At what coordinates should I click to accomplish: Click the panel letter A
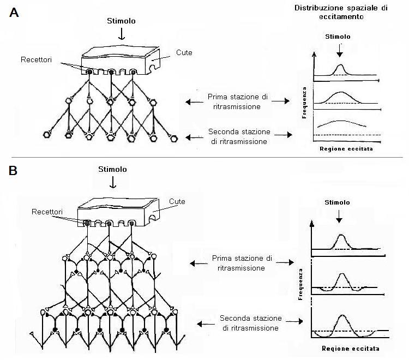pos(14,12)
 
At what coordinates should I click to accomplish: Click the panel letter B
pos(13,171)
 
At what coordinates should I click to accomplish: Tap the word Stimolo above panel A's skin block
pos(121,21)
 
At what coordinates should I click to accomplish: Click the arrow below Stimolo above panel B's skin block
pos(113,182)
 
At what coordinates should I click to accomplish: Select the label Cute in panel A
pos(184,52)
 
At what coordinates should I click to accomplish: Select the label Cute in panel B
pos(177,201)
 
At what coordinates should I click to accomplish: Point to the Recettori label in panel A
pos(36,60)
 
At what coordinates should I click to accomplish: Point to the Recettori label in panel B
pos(47,212)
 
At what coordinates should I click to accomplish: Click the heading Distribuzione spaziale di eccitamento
pos(341,12)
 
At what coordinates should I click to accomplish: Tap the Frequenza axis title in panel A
pos(304,103)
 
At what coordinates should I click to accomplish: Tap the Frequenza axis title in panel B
pos(300,284)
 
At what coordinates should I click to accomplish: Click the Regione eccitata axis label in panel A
pos(346,149)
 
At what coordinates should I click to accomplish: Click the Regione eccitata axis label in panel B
pos(351,349)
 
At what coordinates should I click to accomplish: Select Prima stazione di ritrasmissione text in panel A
pos(238,102)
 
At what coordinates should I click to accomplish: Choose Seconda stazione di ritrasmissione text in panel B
pos(250,323)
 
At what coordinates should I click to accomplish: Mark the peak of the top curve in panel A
pos(340,65)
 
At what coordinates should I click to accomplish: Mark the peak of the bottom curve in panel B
pos(342,315)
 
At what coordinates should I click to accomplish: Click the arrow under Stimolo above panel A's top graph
pos(339,51)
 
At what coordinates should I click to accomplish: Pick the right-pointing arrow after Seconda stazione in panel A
pos(283,135)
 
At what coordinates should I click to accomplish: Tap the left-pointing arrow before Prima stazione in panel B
pos(199,263)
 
